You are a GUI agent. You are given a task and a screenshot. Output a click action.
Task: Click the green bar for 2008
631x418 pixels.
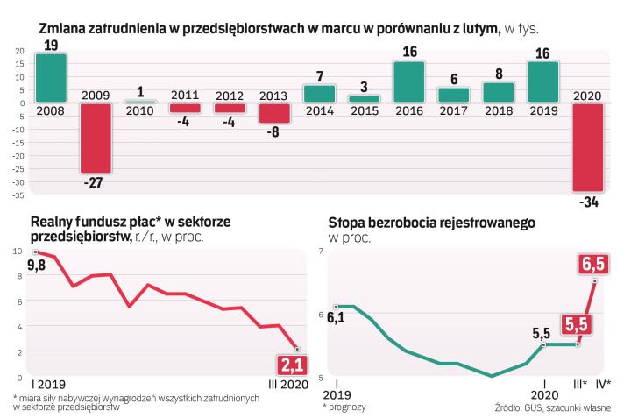click(x=51, y=78)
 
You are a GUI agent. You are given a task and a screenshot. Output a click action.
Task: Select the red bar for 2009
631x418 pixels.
click(x=96, y=138)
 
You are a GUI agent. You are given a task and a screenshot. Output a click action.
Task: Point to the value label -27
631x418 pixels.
click(x=96, y=185)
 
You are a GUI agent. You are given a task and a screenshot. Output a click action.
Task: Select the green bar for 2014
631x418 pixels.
click(x=319, y=94)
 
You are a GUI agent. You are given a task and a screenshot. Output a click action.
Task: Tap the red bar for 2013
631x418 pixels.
click(x=274, y=113)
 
